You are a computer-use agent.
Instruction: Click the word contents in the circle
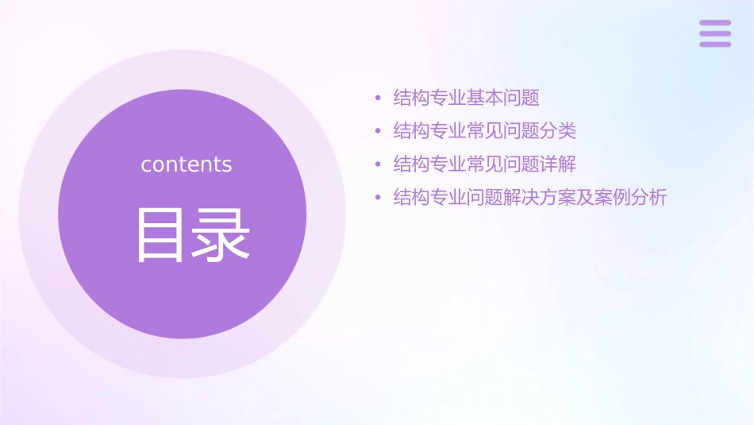pyautogui.click(x=187, y=164)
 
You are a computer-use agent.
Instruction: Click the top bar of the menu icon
pyautogui.click(x=715, y=23)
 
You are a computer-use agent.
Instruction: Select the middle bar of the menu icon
pyautogui.click(x=715, y=33)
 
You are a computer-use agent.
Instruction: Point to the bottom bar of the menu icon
pyautogui.click(x=715, y=44)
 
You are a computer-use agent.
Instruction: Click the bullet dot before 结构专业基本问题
pyautogui.click(x=379, y=99)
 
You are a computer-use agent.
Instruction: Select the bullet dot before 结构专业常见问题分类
pyautogui.click(x=379, y=131)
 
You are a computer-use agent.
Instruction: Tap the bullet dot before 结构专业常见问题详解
pyautogui.click(x=379, y=164)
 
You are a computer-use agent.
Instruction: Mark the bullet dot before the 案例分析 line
pyautogui.click(x=379, y=198)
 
